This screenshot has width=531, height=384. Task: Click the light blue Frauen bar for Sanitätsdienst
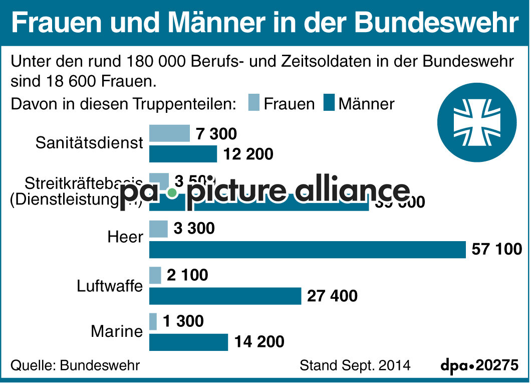[169, 133]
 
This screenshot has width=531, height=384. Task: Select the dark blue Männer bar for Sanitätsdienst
[183, 154]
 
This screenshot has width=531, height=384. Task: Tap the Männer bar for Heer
[308, 249]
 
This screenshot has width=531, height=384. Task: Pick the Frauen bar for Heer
[158, 229]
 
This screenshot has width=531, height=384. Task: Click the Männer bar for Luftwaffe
[225, 296]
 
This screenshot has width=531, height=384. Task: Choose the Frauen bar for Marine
[153, 321]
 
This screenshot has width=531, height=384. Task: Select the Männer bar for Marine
[188, 342]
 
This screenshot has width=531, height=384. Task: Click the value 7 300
[216, 134]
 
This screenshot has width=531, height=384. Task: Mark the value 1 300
[183, 321]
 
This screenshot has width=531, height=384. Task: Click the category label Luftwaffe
[110, 286]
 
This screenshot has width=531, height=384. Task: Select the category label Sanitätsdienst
[89, 143]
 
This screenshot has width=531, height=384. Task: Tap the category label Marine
[117, 331]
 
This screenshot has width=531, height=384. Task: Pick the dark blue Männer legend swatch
[329, 103]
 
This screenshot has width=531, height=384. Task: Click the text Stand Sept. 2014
[355, 365]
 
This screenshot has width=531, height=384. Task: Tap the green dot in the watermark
[172, 193]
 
